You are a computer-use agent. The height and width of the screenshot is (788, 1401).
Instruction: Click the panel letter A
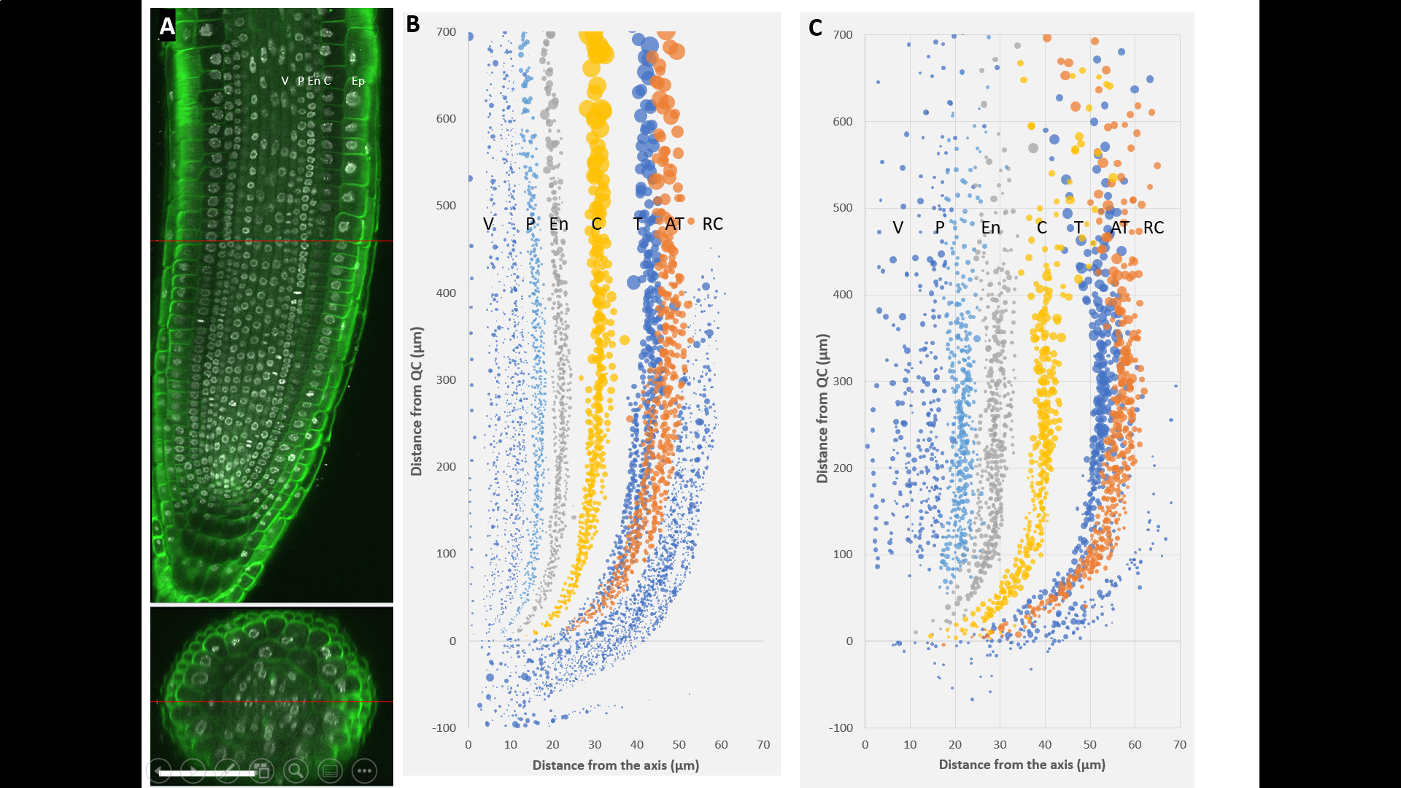coord(167,26)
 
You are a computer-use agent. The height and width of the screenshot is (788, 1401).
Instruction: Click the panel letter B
coord(413,24)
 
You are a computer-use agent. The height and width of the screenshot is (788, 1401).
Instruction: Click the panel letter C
coord(815,28)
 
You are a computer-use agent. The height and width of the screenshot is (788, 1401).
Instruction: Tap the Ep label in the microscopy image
coord(358,81)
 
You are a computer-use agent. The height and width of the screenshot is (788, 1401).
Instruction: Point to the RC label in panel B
coord(712,224)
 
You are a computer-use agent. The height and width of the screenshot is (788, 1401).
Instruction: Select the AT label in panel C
coord(1119,228)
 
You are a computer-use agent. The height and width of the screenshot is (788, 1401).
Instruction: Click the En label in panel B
coord(559,224)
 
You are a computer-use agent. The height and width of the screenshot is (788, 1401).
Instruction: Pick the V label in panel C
coord(898,228)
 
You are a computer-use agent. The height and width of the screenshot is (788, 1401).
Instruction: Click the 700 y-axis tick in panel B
coord(446,32)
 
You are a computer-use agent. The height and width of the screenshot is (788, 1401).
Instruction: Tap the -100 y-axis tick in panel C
coord(841,727)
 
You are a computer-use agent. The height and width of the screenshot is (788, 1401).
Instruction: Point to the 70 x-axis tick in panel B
coord(763,745)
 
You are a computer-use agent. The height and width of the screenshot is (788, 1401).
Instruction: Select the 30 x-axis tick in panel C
coord(1000,745)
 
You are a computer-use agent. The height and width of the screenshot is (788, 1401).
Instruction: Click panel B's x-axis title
coord(615,765)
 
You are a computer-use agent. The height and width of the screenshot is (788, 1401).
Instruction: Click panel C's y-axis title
coord(822,409)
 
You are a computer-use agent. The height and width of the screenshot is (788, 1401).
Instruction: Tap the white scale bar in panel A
coord(207,773)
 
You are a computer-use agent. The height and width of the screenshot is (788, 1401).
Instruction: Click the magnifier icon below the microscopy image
coord(296,770)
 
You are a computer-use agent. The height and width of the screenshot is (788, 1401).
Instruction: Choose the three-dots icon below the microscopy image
coord(364,770)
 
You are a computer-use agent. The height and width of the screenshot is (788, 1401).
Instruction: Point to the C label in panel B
coord(596,224)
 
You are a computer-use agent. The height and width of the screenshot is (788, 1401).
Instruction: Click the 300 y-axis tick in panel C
coord(842,381)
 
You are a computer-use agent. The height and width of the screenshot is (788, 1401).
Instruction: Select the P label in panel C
coord(940,228)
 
